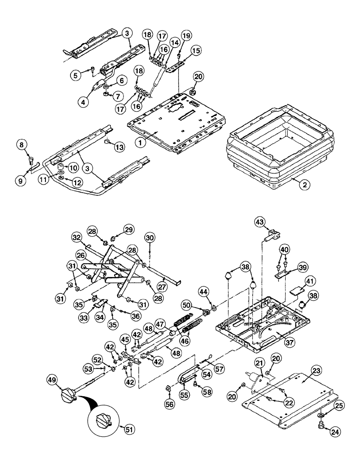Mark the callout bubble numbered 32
click(x=77, y=237)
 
